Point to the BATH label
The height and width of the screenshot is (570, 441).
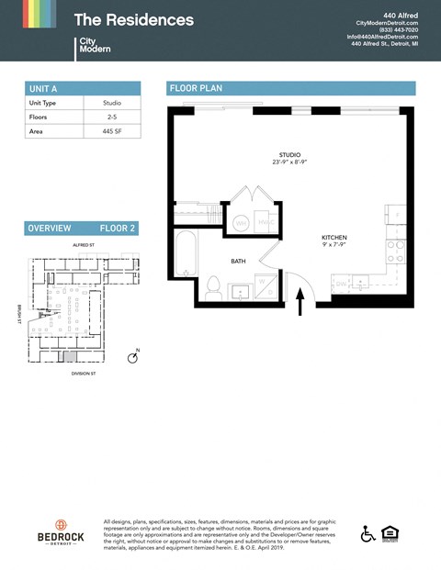[238, 262]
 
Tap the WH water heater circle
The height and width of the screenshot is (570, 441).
[241, 223]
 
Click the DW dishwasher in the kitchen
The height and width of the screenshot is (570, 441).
[340, 284]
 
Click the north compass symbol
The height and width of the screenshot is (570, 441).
[132, 357]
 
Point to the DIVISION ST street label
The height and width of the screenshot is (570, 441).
[84, 374]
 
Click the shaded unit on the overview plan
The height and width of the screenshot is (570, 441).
[70, 354]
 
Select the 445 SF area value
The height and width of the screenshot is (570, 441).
[112, 132]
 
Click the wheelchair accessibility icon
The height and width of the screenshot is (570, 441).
[367, 534]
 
